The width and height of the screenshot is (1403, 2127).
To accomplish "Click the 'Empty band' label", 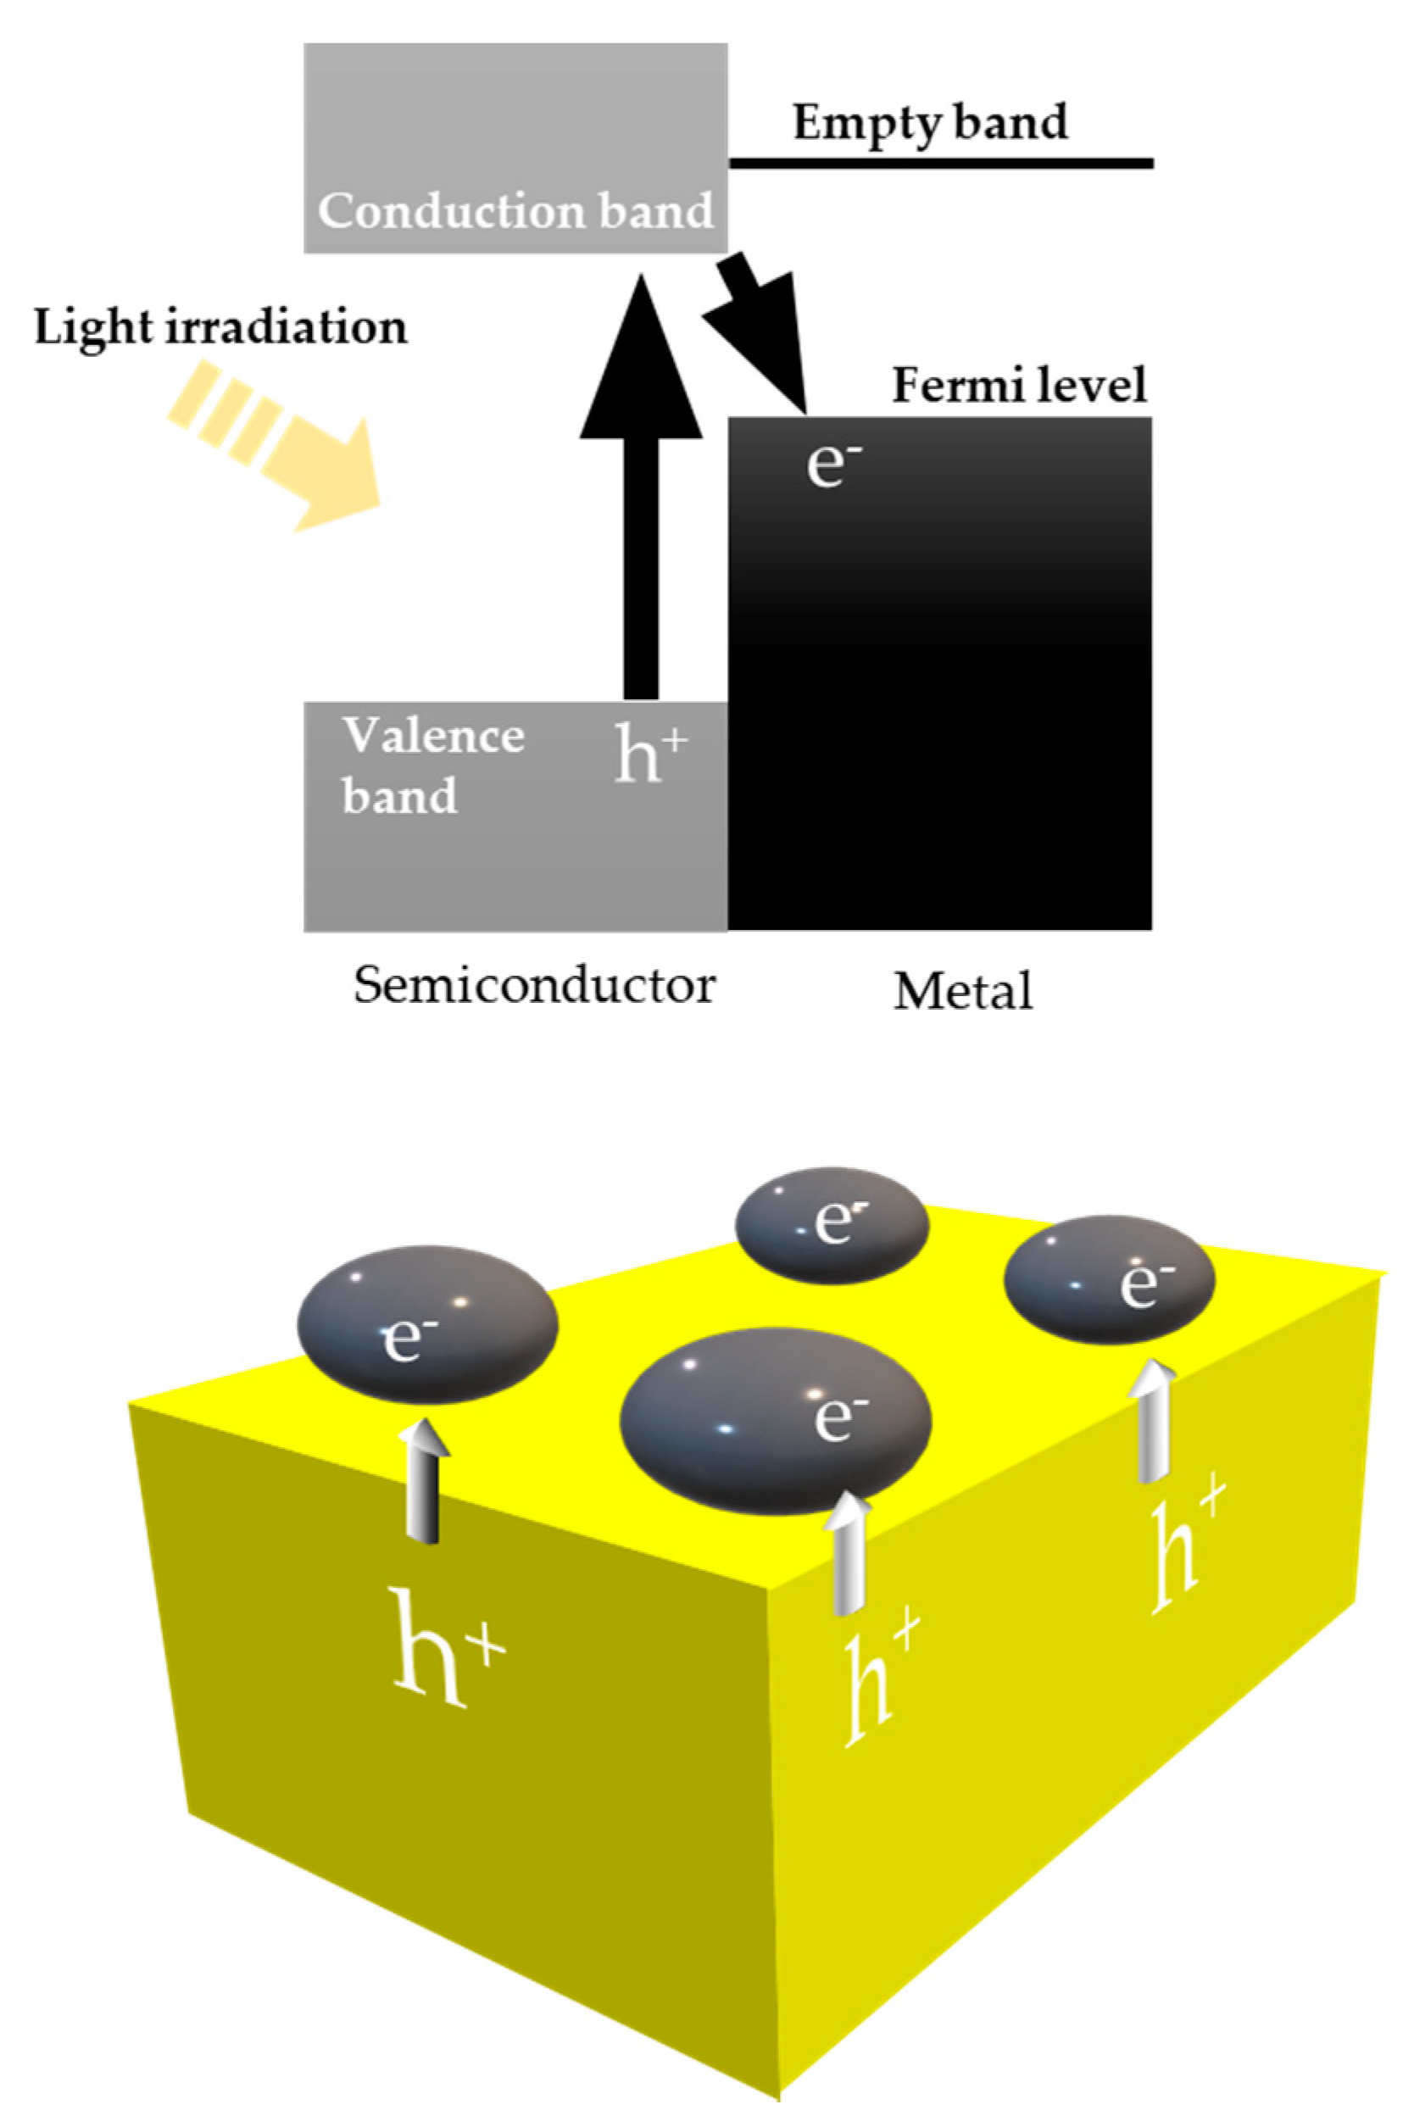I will [x=930, y=122].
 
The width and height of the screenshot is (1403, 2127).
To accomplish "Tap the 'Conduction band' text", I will [x=515, y=211].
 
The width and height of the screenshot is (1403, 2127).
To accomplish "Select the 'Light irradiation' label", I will [x=220, y=327].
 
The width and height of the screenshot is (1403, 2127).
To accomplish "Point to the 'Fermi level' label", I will [x=1019, y=386].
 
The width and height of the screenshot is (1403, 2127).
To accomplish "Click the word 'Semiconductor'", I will [x=534, y=986].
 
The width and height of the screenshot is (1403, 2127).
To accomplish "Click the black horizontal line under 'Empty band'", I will [x=939, y=163].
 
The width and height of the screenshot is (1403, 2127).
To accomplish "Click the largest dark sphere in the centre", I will [x=775, y=1421].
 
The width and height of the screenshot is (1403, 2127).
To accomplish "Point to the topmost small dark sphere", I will [x=832, y=1224].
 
